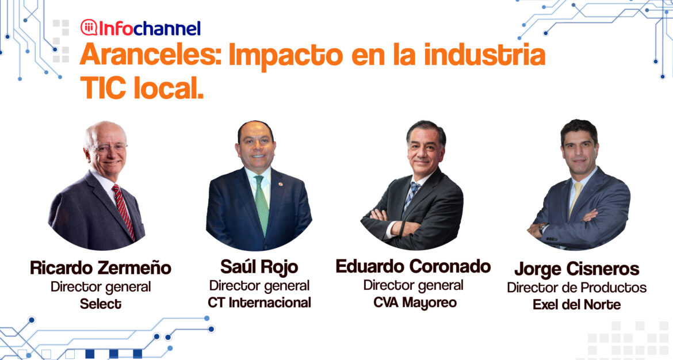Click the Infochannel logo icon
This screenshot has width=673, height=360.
(89, 28)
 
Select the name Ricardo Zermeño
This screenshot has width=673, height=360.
(101, 268)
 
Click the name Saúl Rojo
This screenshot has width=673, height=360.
(259, 267)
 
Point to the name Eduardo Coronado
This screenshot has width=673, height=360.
(414, 266)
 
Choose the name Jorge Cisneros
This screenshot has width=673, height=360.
(577, 270)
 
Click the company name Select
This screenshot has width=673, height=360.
(101, 304)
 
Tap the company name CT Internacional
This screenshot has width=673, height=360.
(259, 302)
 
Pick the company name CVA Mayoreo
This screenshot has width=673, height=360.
(415, 303)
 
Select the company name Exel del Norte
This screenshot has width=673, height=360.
(577, 305)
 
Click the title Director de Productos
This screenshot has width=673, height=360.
(577, 288)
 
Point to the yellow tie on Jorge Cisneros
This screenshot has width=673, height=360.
(575, 198)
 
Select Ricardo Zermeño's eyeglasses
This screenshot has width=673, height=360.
(108, 148)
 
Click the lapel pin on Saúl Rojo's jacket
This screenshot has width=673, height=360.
(280, 184)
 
